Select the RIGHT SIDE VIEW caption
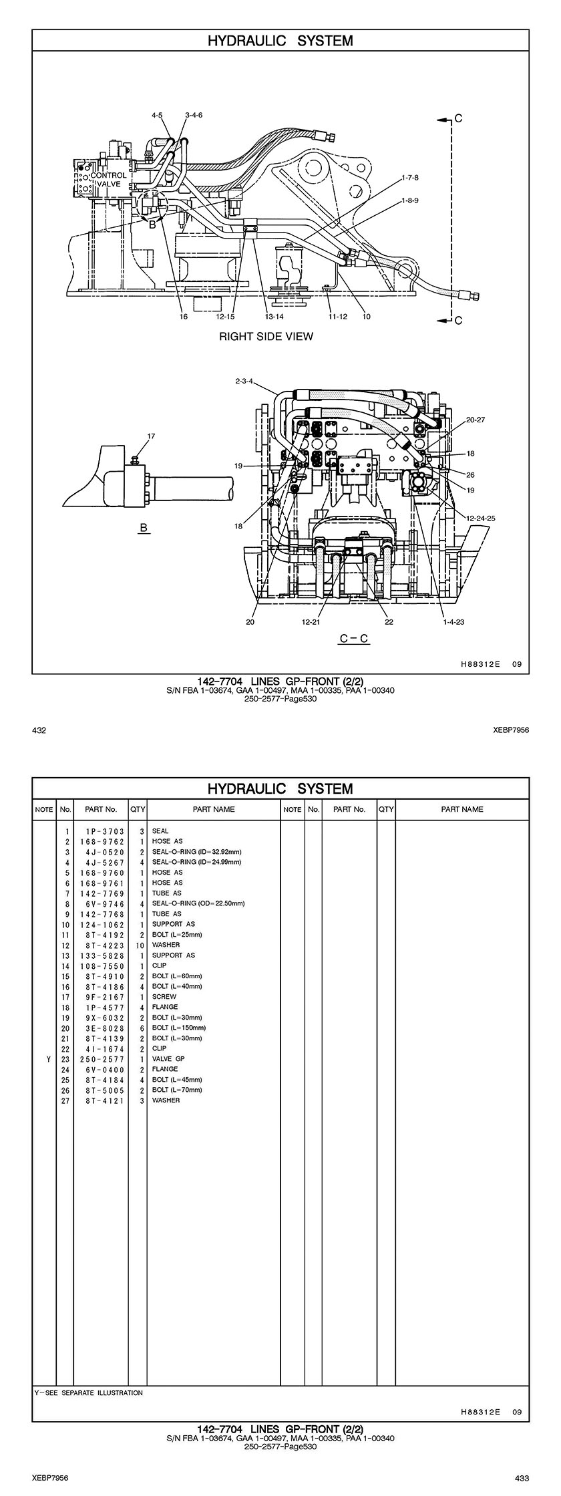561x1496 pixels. tap(266, 336)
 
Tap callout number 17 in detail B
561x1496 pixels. tap(151, 436)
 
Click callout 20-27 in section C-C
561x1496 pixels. tap(476, 420)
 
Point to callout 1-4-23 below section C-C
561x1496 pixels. tap(453, 621)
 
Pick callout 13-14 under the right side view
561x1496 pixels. tap(274, 317)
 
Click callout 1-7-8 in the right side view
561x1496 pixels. tap(410, 178)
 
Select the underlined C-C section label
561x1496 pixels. tap(354, 638)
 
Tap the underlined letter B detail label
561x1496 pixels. tap(143, 528)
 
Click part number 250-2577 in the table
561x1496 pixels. tap(101, 1059)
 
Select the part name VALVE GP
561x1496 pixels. tap(168, 1059)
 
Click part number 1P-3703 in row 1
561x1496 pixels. tap(101, 831)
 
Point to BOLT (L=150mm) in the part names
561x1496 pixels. tap(179, 1028)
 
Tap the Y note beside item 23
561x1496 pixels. tap(48, 1059)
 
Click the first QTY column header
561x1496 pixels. tap(138, 809)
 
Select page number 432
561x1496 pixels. tap(39, 730)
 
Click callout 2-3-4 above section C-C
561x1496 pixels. tap(244, 382)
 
